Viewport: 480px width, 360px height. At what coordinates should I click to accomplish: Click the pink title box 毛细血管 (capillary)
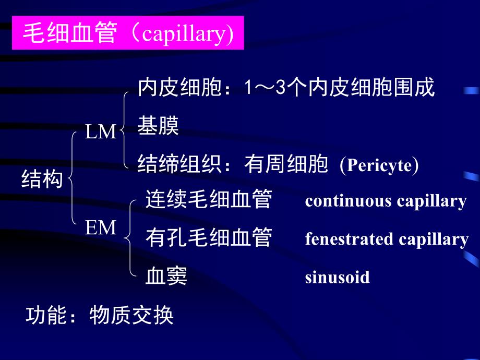coord(127,35)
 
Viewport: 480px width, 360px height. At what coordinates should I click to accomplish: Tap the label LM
coord(101,133)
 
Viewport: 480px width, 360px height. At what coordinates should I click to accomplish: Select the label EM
coord(101,228)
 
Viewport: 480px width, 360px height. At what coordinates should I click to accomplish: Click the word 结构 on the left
coord(42,180)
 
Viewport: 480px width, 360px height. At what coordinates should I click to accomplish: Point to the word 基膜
coord(158,127)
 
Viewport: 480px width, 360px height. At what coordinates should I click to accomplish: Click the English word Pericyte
coord(379,165)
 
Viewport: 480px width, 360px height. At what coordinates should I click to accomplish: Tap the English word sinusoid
coord(337,277)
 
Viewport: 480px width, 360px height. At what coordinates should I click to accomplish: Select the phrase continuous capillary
coord(386,201)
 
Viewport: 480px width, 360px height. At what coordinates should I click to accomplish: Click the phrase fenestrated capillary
coord(387,239)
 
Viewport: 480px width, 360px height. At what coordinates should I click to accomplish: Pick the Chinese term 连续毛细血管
coord(209,200)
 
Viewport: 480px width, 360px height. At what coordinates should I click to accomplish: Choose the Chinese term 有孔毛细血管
coord(209,238)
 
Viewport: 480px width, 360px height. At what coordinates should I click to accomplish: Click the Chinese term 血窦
coord(166,277)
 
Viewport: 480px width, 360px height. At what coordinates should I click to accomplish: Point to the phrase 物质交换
coord(131,316)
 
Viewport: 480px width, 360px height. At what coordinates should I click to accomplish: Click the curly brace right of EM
coord(129,237)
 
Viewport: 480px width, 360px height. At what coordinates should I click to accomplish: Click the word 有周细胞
coord(286,165)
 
